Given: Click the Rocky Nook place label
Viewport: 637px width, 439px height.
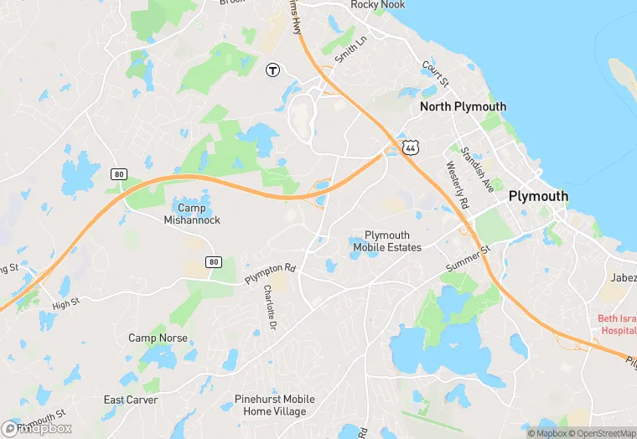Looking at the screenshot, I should (377, 5).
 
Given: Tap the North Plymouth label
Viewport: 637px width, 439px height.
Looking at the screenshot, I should (463, 106).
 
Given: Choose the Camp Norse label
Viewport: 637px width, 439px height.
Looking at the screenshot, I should (158, 338).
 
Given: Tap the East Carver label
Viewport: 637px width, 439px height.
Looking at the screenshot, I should (130, 400).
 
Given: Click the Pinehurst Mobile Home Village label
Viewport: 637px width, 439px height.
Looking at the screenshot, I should (274, 405).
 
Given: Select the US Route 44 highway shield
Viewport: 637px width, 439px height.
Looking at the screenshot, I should (410, 147).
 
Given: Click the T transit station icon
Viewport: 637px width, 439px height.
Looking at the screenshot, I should (272, 70).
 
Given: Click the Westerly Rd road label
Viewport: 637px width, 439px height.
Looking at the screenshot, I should (457, 185).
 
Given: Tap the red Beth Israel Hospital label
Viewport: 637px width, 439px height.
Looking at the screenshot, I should (617, 324).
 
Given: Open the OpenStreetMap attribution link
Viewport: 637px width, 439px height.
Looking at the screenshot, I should (601, 433).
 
